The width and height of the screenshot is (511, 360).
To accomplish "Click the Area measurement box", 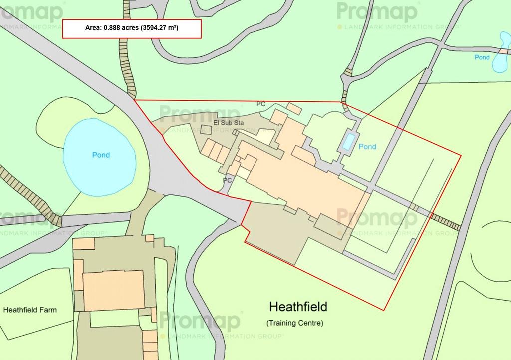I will click(132, 29).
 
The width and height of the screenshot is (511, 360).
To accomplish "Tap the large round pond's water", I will click(99, 165).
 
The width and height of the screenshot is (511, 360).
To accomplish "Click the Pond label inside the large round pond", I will click(101, 155).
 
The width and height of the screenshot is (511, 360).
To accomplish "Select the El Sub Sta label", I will click(228, 122).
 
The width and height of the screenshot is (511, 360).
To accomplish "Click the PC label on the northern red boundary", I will click(261, 104).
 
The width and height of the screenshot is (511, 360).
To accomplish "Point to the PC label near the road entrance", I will click(227, 180).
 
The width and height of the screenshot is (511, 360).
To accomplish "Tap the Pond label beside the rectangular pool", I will click(367, 147).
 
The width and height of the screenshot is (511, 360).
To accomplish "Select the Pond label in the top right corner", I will click(482, 57).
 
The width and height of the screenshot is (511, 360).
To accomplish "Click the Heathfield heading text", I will click(298, 306).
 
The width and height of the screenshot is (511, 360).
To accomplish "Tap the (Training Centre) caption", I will click(294, 323).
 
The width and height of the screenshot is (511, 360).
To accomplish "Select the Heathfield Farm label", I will click(30, 310).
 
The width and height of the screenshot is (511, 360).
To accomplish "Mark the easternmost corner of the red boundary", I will click(460, 155).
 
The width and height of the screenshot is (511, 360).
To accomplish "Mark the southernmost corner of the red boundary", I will click(383, 310).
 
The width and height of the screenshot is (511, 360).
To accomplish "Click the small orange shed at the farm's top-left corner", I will click(84, 244).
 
